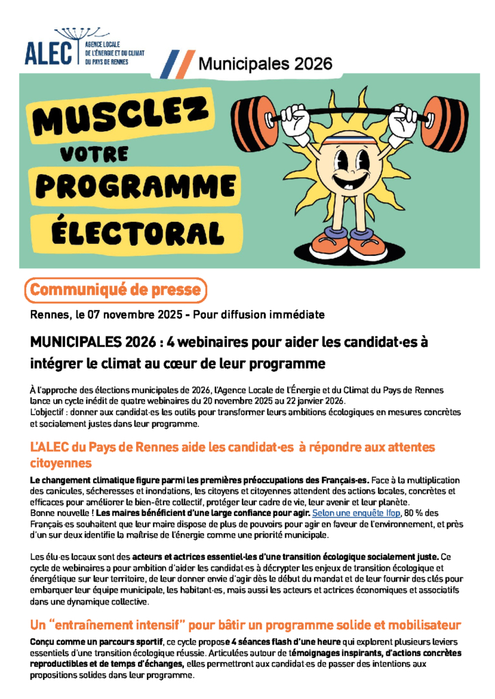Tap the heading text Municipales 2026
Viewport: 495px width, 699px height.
click(265, 64)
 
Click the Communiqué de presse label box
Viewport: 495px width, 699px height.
click(116, 290)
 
